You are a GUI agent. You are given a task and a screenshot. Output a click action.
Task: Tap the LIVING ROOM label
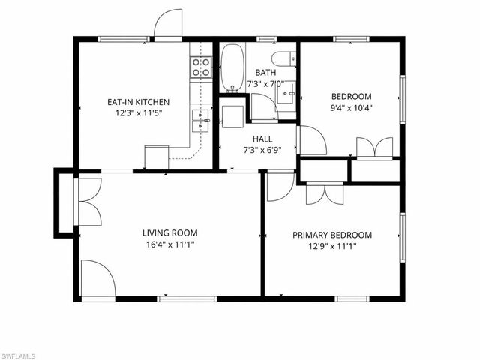[x=170, y=232]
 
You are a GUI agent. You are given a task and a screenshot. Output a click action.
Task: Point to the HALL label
[x=262, y=139]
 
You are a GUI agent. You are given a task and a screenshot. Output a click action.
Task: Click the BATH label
[x=265, y=73]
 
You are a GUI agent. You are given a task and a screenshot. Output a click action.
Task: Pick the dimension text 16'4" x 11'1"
[x=170, y=244]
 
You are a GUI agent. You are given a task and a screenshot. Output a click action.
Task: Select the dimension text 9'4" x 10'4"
[x=352, y=108]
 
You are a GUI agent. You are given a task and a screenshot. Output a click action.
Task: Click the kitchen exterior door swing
[x=168, y=24]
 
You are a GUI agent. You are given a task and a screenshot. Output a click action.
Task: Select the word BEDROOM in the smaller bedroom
[x=352, y=97]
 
